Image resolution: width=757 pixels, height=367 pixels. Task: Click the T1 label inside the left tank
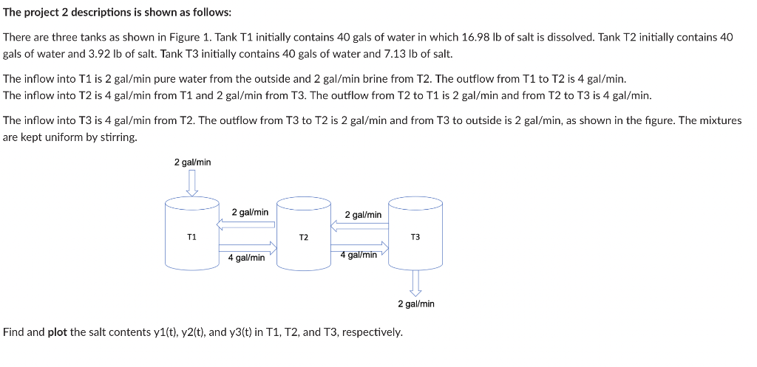pos(191,237)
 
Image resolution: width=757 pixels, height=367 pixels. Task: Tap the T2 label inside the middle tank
pos(303,238)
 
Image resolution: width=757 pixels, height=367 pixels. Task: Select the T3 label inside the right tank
pos(415,237)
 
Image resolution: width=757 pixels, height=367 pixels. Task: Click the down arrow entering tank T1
pos(192,182)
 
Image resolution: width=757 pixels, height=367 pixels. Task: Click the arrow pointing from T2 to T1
pos(246,224)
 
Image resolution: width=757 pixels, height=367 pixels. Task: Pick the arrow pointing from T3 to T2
pos(359,225)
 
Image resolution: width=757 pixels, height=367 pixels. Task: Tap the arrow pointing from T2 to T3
pos(359,246)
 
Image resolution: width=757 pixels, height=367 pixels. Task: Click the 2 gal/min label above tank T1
pos(192,162)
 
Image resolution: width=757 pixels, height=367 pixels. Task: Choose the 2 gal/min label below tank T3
pos(415,303)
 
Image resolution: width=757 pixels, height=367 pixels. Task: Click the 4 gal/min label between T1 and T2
pos(246,258)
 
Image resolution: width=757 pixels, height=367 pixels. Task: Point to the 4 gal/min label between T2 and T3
pos(359,255)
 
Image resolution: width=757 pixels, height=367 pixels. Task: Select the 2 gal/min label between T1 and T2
pos(250,212)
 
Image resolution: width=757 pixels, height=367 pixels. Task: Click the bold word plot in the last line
pos(58,332)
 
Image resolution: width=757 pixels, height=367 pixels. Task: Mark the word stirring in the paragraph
pos(118,138)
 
